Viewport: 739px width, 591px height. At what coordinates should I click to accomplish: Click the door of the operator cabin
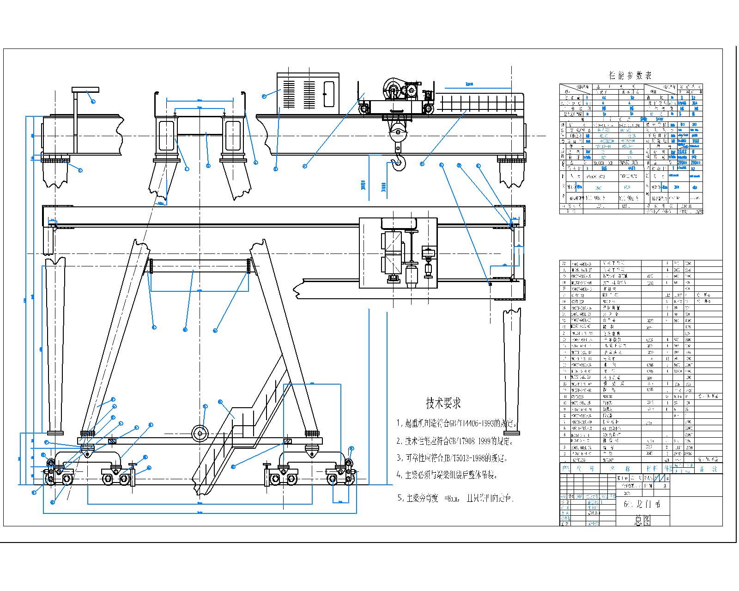[329, 94]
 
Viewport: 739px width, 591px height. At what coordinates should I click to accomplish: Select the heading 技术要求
[443, 404]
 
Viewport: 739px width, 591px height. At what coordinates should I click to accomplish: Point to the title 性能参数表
[630, 75]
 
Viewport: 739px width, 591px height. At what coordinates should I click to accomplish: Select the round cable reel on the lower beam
[200, 433]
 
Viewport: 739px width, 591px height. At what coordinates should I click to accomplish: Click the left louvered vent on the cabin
[289, 94]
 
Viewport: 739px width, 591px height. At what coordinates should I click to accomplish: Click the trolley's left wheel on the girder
[364, 109]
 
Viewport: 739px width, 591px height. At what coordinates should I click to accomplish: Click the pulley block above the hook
[398, 134]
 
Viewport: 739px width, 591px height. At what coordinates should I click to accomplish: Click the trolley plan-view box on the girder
[398, 253]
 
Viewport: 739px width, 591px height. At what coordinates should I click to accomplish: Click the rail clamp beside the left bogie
[133, 473]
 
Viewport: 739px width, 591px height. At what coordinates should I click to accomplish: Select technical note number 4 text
[447, 475]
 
